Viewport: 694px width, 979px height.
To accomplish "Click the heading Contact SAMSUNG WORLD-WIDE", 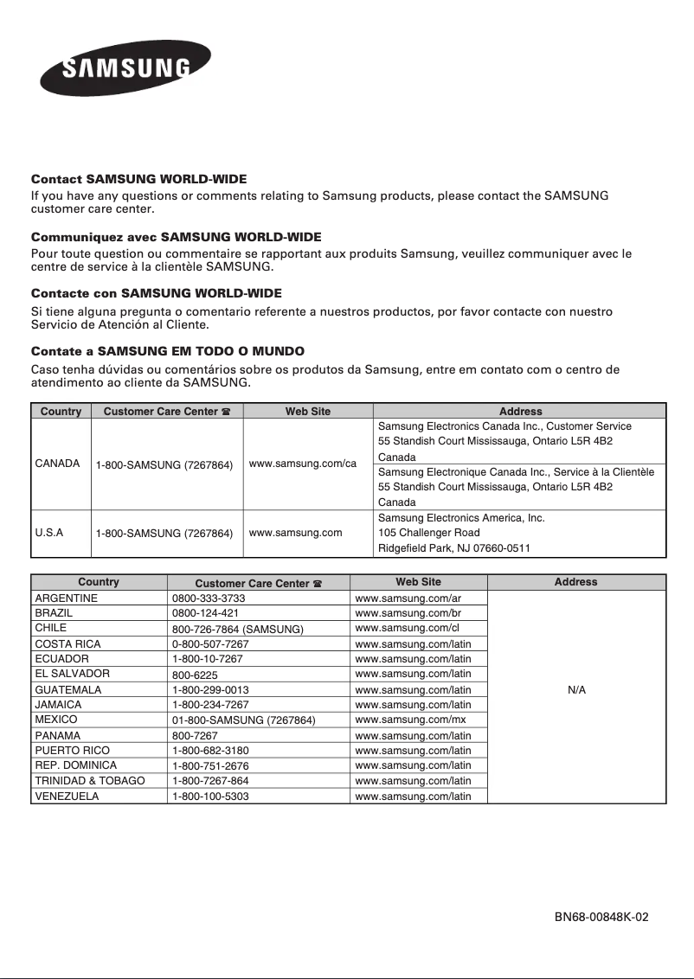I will [x=138, y=179].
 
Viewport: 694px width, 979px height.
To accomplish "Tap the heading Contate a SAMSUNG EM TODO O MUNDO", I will [x=167, y=351].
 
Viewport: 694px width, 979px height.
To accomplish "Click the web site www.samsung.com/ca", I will [x=302, y=464].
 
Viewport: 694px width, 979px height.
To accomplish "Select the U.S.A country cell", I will [x=48, y=533].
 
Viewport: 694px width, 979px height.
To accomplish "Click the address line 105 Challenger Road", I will [x=428, y=533].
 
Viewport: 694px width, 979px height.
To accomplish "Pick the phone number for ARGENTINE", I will [x=209, y=598].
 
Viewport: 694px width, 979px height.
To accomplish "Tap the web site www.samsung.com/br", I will [x=408, y=613].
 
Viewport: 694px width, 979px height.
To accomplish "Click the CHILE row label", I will [x=50, y=628].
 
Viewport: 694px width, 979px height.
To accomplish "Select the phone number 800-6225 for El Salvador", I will [x=195, y=675].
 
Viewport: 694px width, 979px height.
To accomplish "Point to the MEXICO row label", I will [x=55, y=720].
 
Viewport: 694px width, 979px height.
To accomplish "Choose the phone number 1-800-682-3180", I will [x=210, y=751].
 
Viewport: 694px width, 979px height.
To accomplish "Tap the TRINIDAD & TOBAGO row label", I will [x=89, y=781].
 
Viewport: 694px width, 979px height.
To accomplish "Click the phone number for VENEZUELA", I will [x=210, y=797].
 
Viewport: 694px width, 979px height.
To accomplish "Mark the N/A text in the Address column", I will [x=576, y=690].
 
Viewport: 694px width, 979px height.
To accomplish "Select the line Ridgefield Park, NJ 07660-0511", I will [x=454, y=548].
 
